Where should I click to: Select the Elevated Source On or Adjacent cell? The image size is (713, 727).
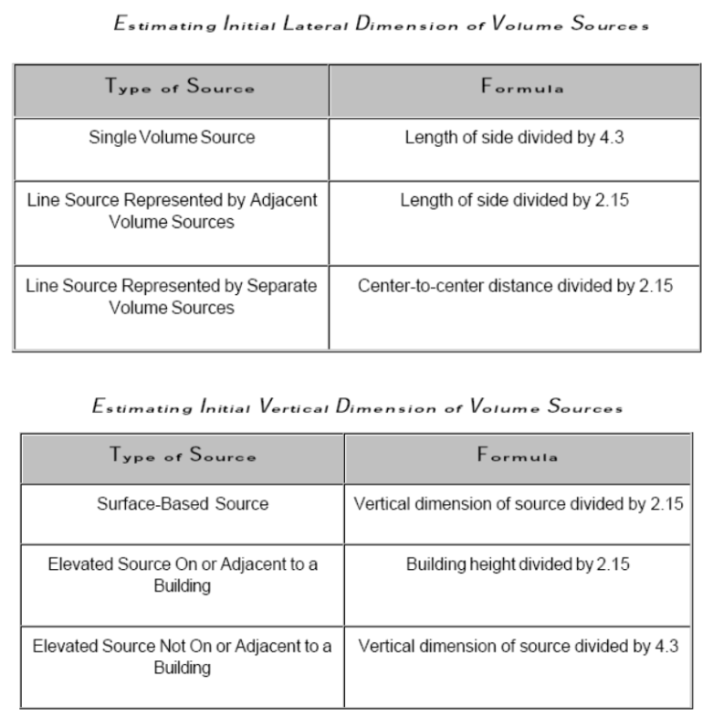[x=183, y=574]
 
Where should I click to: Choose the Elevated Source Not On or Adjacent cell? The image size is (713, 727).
[x=183, y=658]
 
